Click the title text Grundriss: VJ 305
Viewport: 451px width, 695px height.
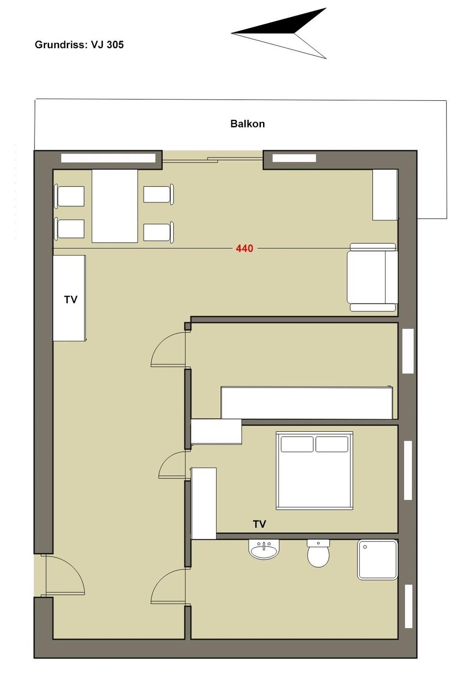[x=79, y=45]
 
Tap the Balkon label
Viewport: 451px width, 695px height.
[x=248, y=124]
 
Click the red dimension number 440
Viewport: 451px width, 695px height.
[x=245, y=248]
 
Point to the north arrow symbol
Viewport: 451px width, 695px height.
[x=279, y=33]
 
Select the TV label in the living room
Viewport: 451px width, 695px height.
[x=71, y=300]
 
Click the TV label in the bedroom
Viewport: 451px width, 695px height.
[x=260, y=524]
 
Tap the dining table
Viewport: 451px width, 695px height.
[x=115, y=206]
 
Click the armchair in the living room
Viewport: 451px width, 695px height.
[x=373, y=277]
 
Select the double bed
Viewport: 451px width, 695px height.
[x=314, y=471]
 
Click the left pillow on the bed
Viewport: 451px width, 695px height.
[x=297, y=444]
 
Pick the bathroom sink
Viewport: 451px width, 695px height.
[x=264, y=549]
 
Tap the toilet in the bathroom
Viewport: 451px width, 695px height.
[x=318, y=553]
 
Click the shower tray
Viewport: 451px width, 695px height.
[x=378, y=560]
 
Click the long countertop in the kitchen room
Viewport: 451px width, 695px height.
[x=307, y=403]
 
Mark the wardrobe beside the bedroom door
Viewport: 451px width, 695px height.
[x=204, y=503]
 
